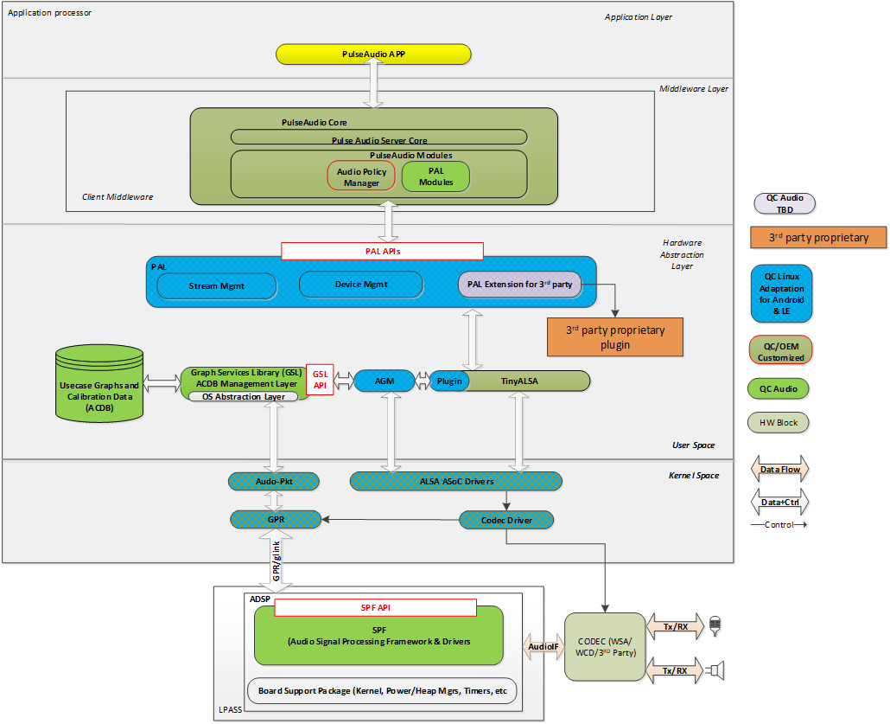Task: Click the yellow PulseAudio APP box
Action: [373, 54]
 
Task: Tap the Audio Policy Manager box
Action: [361, 176]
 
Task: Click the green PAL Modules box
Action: [435, 176]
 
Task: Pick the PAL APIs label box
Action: [382, 251]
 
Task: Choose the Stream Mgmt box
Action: [217, 285]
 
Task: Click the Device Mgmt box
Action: [360, 284]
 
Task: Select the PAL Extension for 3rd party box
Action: [518, 284]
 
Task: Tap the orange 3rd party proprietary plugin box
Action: [615, 337]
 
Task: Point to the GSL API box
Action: [320, 380]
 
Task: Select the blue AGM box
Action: [385, 381]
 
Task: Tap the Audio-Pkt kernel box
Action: [273, 480]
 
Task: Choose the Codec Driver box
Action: [505, 520]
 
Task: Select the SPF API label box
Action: [375, 608]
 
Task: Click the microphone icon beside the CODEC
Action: [715, 626]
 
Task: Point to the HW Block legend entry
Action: [779, 423]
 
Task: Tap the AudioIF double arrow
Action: [542, 646]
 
